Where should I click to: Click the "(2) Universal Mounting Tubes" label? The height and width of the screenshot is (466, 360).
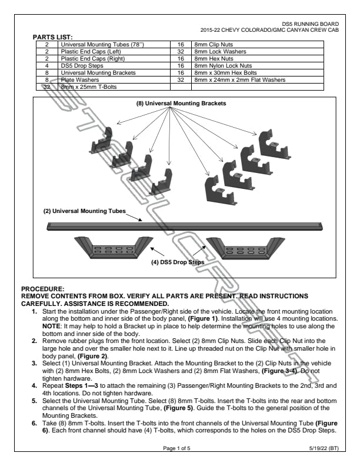(x=84, y=211)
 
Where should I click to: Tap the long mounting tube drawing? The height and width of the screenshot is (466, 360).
(x=184, y=225)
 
